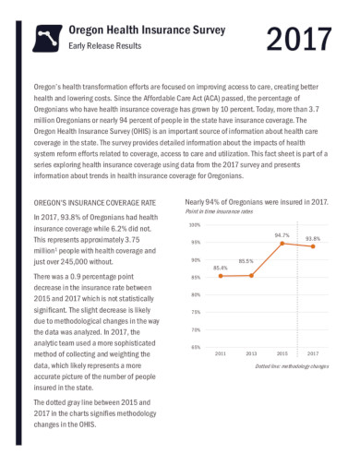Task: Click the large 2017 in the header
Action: (x=297, y=40)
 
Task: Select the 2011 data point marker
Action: (x=221, y=276)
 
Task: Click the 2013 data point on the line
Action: (x=252, y=275)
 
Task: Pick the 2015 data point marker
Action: (x=282, y=244)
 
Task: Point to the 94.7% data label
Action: (x=282, y=235)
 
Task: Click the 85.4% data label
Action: (x=221, y=268)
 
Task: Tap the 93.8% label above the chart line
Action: (x=313, y=238)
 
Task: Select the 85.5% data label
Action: (x=246, y=261)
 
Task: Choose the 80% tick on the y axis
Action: (x=196, y=294)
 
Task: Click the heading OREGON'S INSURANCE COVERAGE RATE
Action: (x=95, y=201)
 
